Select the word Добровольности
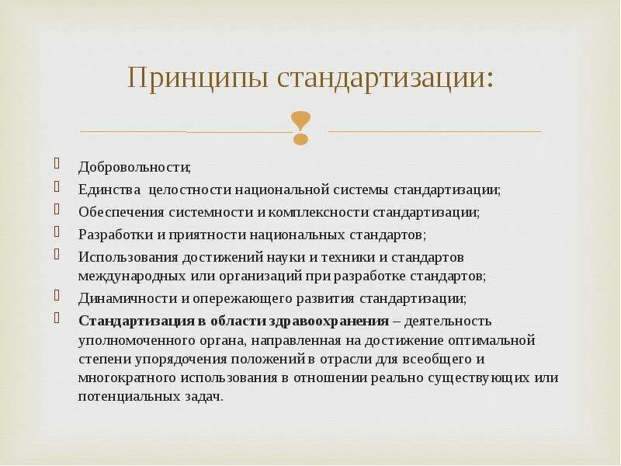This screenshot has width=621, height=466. (x=134, y=167)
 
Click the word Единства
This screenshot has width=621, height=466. (x=109, y=190)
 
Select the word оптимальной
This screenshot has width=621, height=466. (x=492, y=340)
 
